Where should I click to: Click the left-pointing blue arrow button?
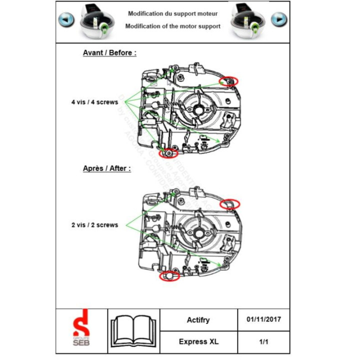tap(66, 19)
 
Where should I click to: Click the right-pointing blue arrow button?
tap(279, 19)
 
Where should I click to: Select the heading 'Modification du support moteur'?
tap(172, 14)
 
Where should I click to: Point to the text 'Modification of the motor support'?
tap(172, 26)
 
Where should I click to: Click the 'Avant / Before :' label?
tap(109, 52)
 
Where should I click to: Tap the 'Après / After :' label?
tap(107, 168)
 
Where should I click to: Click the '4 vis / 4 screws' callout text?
tap(94, 102)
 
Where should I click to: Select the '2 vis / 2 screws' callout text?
tap(94, 225)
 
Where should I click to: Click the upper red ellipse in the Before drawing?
tap(229, 81)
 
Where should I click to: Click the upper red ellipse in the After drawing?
tap(230, 203)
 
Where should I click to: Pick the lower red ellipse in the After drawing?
tap(169, 275)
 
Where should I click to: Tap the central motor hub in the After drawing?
tap(199, 232)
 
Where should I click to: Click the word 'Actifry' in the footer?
tap(198, 320)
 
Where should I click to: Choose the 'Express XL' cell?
tap(198, 342)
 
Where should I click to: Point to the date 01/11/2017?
tap(263, 319)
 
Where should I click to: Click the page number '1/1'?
tap(263, 342)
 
